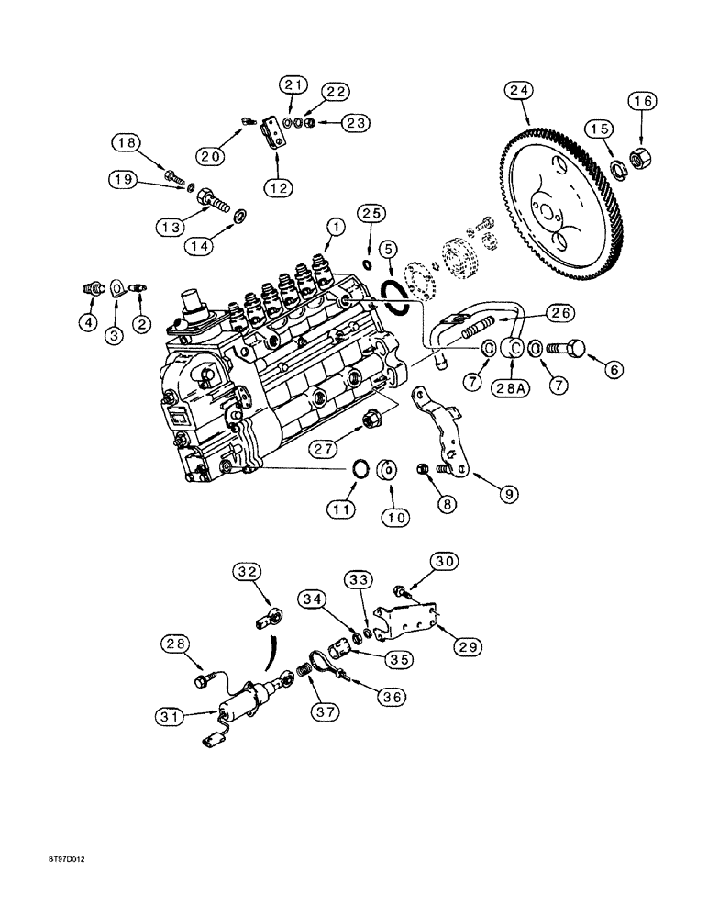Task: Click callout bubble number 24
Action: (x=521, y=91)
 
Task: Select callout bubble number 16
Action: (x=643, y=101)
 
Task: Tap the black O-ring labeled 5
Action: (x=395, y=297)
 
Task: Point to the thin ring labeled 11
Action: (x=362, y=471)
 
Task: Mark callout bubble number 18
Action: (x=126, y=142)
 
